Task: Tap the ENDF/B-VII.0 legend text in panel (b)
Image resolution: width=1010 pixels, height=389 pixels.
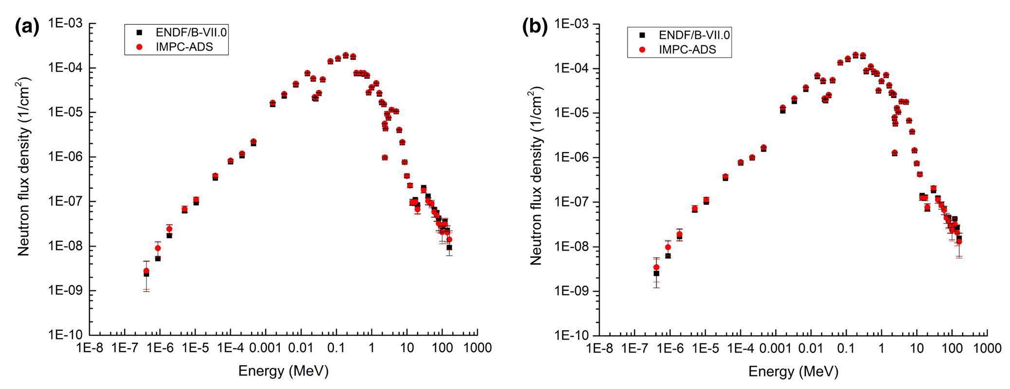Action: pyautogui.click(x=694, y=35)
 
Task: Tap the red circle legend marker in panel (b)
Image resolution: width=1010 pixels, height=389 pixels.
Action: pyautogui.click(x=642, y=50)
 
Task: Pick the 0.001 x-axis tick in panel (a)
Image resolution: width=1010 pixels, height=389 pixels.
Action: pyautogui.click(x=265, y=348)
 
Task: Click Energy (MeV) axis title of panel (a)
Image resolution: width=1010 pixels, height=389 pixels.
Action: pyautogui.click(x=283, y=371)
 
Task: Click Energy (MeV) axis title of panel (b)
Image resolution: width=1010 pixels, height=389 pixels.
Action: pyautogui.click(x=793, y=371)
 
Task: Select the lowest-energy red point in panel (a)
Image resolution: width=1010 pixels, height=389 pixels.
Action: pyautogui.click(x=146, y=271)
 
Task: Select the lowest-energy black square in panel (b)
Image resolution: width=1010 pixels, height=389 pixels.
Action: pyautogui.click(x=656, y=273)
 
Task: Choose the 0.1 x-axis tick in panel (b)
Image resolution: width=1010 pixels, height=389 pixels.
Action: pyautogui.click(x=846, y=348)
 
